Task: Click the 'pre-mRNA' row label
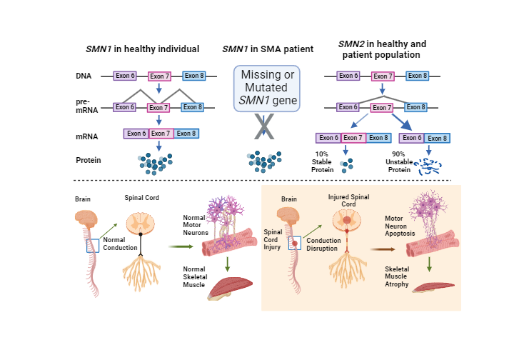click(85, 106)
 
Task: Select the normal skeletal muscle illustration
click(232, 286)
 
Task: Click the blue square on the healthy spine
click(91, 245)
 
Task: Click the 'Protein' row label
click(88, 160)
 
